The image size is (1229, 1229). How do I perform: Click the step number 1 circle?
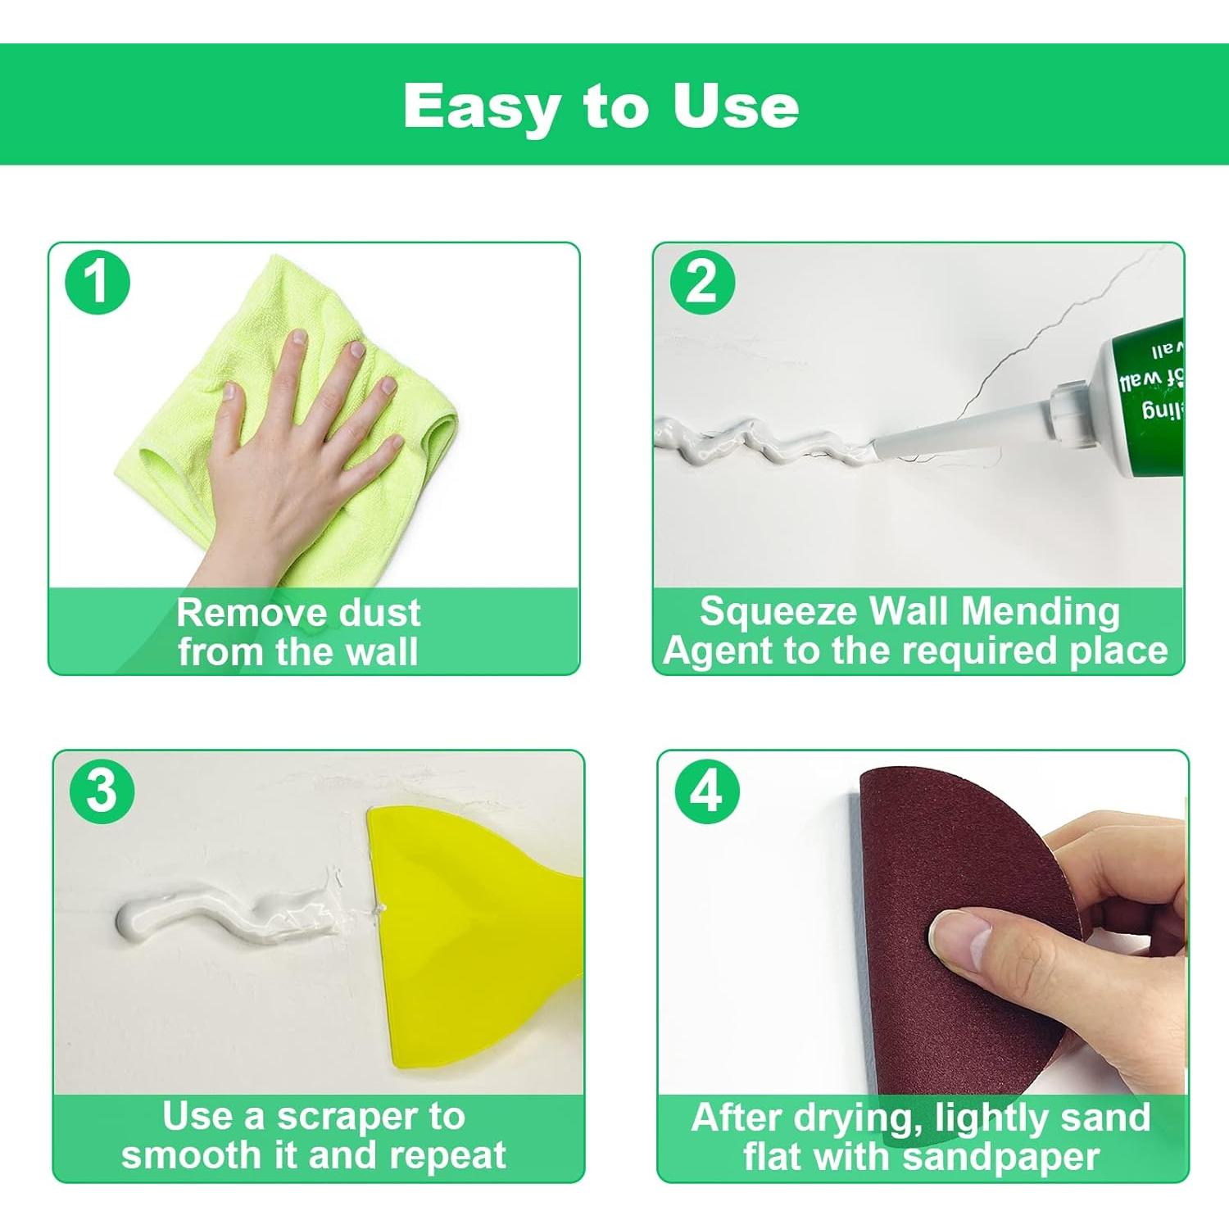coord(98,282)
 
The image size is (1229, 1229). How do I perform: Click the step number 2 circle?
coord(702,282)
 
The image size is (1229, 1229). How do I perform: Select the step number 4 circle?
coord(707,791)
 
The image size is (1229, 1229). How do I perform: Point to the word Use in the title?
coord(735,107)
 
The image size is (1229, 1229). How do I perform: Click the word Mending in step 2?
coord(1041,611)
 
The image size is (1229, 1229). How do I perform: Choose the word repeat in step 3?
coord(447,1155)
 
